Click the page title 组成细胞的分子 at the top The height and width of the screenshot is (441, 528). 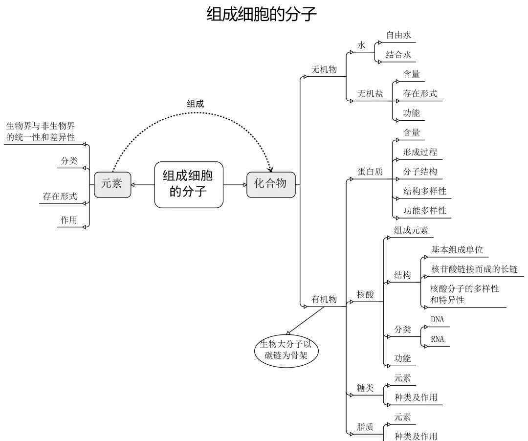(x=261, y=15)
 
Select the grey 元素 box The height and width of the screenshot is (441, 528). (x=112, y=184)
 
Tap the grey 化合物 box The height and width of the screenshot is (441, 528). (x=271, y=184)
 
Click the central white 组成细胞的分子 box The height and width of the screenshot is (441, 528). (x=189, y=184)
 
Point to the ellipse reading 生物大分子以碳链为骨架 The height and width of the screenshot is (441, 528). (x=286, y=350)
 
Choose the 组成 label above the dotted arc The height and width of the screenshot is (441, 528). (x=195, y=104)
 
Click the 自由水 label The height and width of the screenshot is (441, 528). (x=398, y=35)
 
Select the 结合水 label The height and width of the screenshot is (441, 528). (x=398, y=55)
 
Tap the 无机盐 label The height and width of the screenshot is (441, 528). (x=370, y=93)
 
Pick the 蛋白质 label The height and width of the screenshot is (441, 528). (x=370, y=172)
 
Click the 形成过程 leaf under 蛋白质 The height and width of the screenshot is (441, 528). (x=420, y=152)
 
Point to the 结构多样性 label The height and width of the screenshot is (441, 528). (x=425, y=191)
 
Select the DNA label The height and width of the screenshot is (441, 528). (x=437, y=319)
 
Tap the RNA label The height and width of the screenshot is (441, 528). (x=437, y=339)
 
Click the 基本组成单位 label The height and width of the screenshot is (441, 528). (x=457, y=250)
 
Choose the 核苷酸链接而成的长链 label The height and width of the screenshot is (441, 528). (x=474, y=269)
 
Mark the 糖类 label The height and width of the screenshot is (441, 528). (x=365, y=388)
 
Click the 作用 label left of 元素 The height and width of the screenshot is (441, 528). (x=69, y=220)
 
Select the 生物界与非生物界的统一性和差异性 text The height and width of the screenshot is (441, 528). (x=41, y=132)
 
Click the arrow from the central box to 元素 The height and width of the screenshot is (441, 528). (x=143, y=185)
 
